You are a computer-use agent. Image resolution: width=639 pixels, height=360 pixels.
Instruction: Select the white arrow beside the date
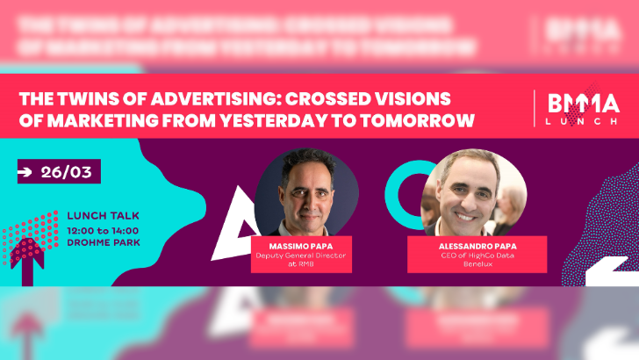click(26, 172)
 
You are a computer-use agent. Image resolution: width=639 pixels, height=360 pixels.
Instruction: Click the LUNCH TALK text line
click(103, 216)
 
